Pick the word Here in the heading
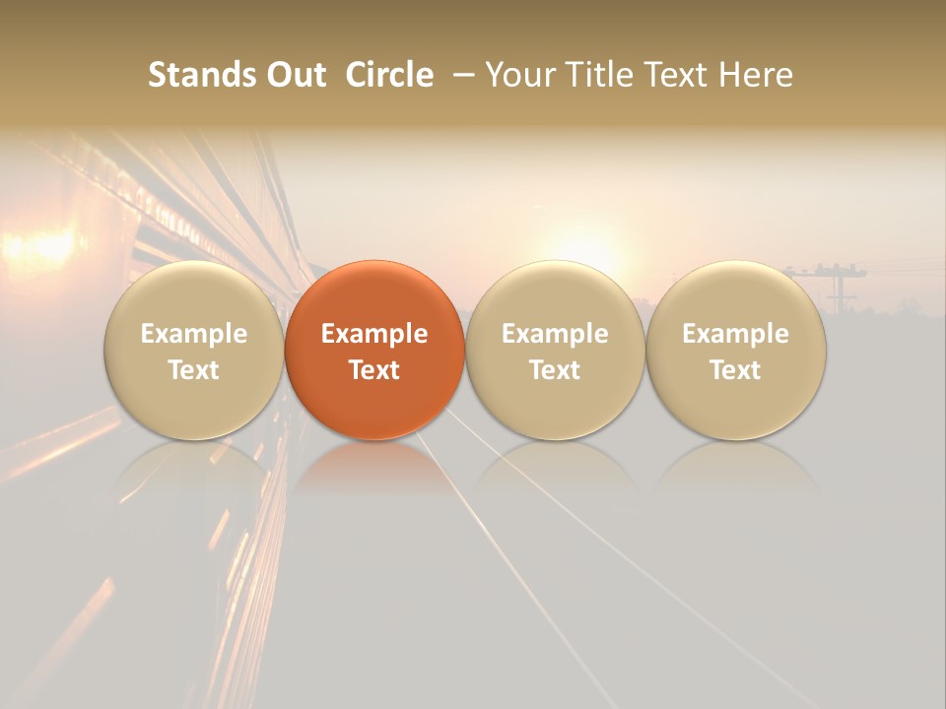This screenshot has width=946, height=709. point(756,75)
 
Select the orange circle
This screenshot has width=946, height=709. point(374,350)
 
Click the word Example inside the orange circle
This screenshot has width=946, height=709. point(374,334)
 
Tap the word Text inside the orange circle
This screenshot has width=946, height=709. point(374,370)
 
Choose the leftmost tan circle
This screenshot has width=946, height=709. point(194,350)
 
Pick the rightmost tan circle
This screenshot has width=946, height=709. point(736,350)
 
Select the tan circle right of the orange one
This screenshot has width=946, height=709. point(555,350)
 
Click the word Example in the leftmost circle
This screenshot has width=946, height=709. point(194,334)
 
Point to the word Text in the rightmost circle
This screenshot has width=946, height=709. point(736,370)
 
